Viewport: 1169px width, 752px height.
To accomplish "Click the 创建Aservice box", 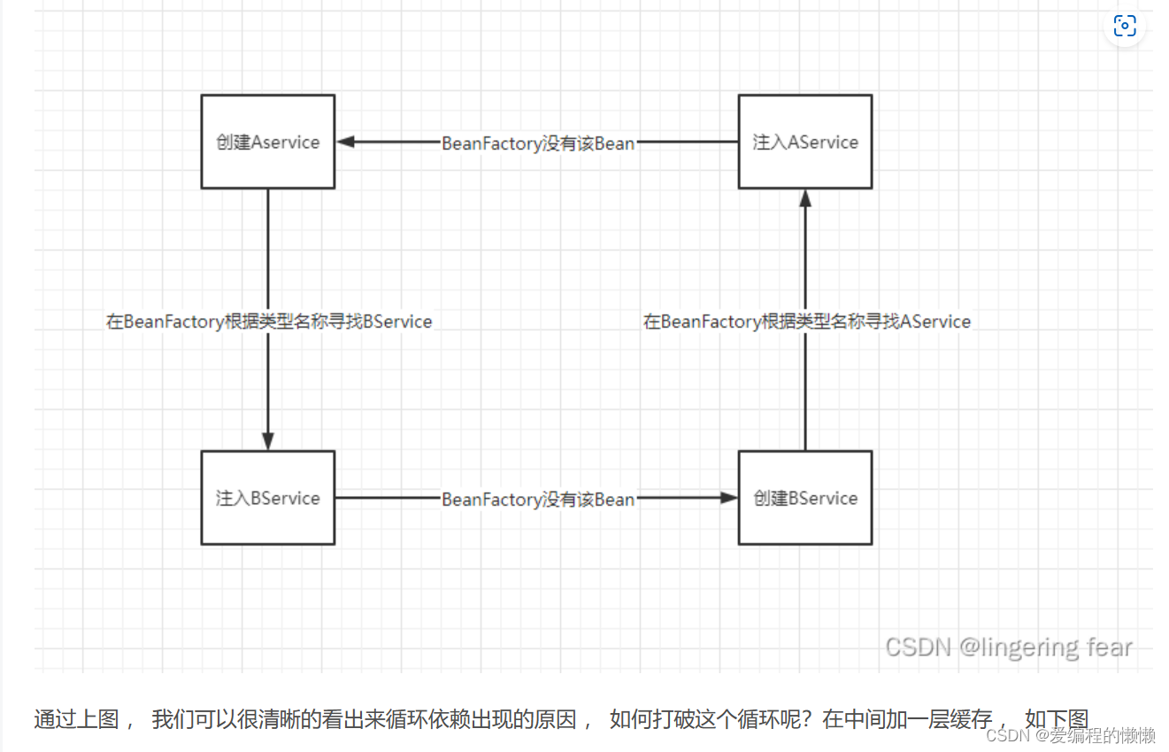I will pos(267,142).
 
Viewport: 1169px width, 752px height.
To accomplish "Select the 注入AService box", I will pos(804,142).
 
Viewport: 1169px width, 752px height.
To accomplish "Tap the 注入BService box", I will pos(267,498).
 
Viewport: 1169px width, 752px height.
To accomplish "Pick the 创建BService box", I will pos(804,498).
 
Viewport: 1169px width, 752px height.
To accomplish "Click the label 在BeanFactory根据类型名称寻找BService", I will pos(269,322).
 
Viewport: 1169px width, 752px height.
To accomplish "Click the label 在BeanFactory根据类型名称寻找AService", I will pos(806,322).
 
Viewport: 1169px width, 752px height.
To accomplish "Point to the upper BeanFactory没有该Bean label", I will pos(538,143).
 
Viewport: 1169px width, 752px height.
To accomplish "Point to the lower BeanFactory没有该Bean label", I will pos(538,500).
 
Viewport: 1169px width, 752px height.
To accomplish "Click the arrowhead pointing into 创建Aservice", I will pos(345,142).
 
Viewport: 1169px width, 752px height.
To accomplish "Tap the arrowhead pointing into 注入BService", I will pos(268,441).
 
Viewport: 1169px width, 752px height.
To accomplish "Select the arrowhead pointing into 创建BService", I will pos(728,498).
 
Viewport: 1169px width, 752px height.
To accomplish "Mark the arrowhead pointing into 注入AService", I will pos(805,198).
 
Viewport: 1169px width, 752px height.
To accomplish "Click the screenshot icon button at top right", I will pos(1124,26).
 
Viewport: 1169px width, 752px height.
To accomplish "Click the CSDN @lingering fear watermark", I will pos(1009,647).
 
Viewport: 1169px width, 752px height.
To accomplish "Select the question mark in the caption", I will pos(809,719).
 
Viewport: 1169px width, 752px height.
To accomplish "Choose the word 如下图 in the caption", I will pos(1056,719).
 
